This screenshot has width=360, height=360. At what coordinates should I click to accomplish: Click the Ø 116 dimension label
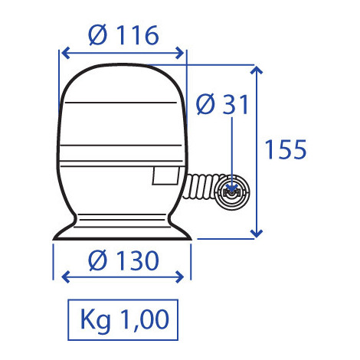(123, 34)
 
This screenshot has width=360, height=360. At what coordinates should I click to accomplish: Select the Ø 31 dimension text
(223, 104)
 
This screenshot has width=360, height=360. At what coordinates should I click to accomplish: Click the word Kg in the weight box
(97, 316)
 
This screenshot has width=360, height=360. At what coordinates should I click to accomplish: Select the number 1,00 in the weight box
(140, 316)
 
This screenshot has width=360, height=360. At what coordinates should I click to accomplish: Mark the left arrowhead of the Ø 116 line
(64, 53)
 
